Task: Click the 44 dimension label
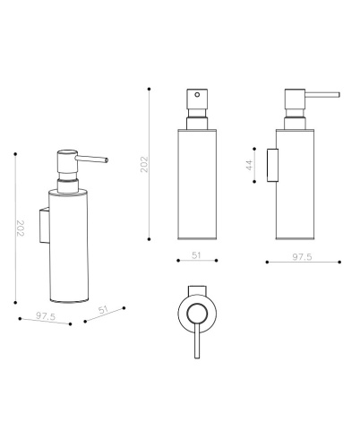tap(250, 165)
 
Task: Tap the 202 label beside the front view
tap(144, 164)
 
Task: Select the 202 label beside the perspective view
tap(20, 228)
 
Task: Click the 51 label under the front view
tap(196, 255)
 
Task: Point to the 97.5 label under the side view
tap(302, 257)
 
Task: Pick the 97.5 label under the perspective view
tap(46, 316)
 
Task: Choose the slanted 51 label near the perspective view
tap(103, 310)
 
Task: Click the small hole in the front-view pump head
tap(197, 95)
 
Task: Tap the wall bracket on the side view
tap(272, 165)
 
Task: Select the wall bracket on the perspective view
tap(45, 226)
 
